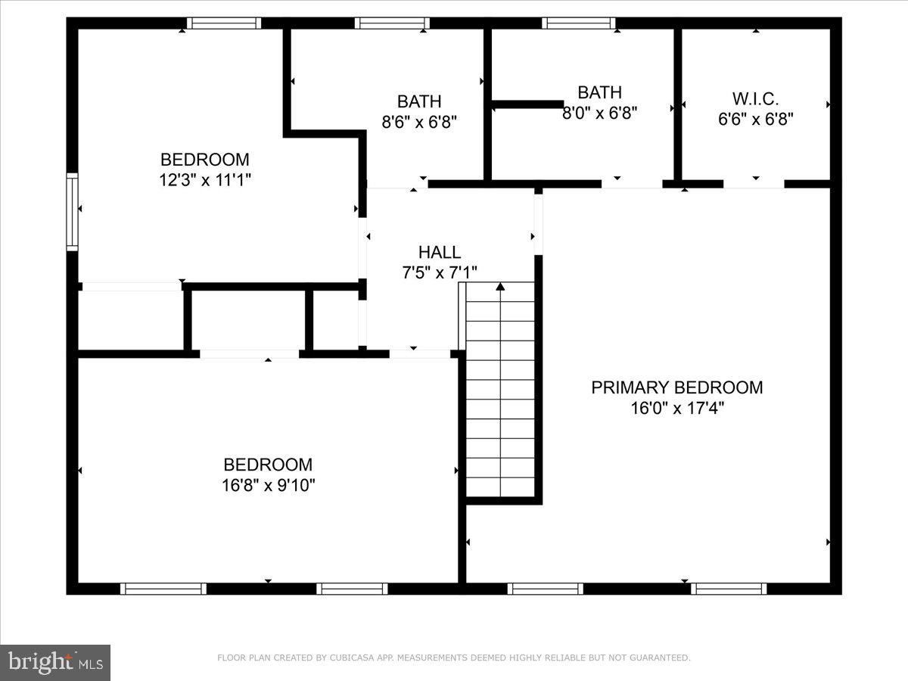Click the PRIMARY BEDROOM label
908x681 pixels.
676,387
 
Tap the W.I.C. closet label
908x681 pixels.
755,98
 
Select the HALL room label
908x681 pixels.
440,253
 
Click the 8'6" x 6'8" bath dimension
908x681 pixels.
419,120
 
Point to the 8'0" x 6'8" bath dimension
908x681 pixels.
600,113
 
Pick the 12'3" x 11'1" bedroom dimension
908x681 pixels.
205,179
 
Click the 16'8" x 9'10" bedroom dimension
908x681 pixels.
268,485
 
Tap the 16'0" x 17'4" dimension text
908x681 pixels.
676,408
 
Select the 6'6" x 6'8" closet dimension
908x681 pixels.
755,119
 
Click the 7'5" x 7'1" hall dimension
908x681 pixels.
440,272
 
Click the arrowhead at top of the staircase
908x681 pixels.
499,287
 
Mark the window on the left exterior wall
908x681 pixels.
73,212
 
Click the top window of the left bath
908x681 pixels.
392,23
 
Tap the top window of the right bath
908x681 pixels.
578,23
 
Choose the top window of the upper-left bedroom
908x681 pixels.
224,23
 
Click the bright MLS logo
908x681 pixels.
55,662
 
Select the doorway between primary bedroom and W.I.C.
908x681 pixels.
754,184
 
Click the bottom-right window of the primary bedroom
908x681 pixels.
729,589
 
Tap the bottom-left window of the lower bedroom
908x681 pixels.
163,589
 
